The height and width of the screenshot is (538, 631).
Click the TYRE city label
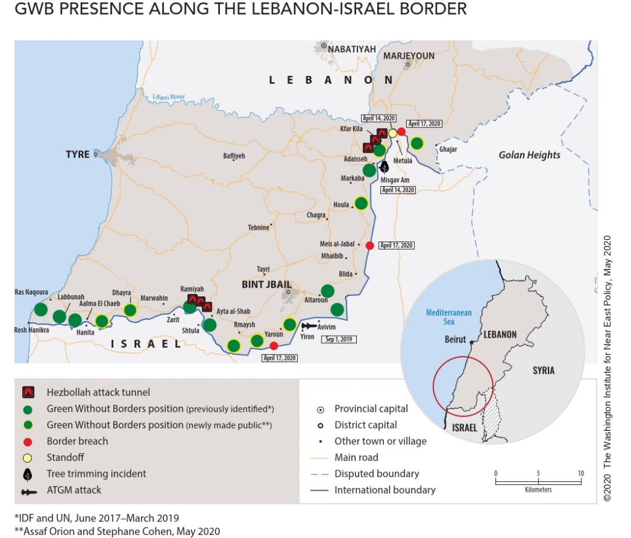click(78, 154)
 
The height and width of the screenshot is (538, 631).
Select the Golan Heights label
click(529, 155)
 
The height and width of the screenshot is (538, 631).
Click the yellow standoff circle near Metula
click(392, 133)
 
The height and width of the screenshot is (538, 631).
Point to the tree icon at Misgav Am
click(385, 166)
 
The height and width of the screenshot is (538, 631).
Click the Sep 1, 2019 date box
click(338, 339)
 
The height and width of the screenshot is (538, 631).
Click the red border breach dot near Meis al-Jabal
click(370, 245)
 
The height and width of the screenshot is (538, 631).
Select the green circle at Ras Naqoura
click(41, 309)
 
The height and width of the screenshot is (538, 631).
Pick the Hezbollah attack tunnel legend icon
click(28, 392)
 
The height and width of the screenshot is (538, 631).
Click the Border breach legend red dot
click(28, 441)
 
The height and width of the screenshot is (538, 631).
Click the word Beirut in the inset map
click(456, 339)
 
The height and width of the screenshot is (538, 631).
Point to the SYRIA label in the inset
click(543, 370)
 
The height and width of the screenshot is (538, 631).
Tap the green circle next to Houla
click(362, 203)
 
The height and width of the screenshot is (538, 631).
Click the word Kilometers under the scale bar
click(538, 489)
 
